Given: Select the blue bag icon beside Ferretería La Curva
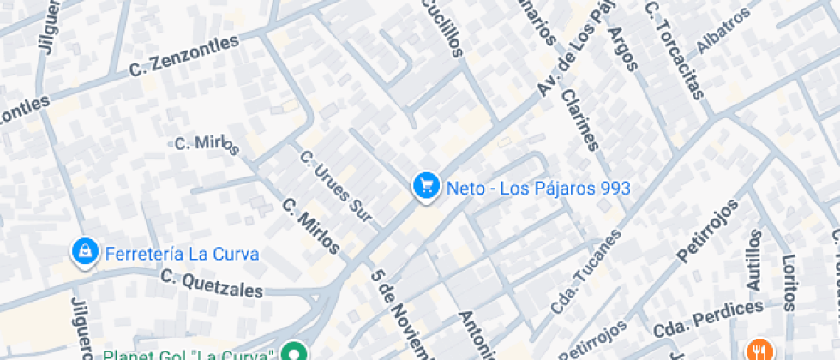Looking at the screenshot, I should (84, 252).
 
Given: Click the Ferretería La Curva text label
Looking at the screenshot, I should (182, 254).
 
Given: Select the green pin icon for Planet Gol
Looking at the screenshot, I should (296, 351).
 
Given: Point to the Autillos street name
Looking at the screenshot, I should (753, 261).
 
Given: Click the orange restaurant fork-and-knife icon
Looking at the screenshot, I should (758, 350).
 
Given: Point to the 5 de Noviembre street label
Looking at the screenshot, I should (402, 317).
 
